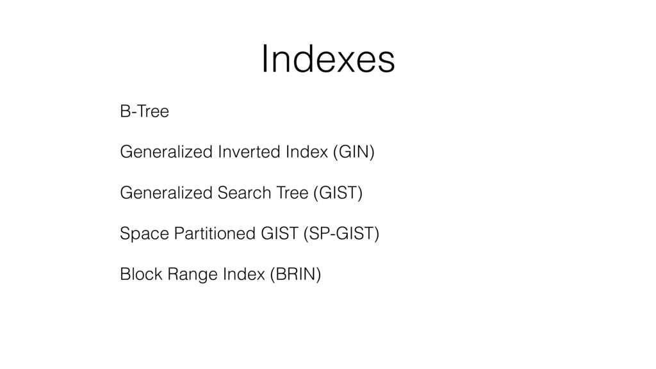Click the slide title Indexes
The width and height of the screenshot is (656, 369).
tap(328, 59)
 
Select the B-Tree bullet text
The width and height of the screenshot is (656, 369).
tap(144, 111)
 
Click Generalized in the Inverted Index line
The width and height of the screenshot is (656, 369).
tap(167, 151)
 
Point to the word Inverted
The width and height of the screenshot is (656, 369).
tap(249, 151)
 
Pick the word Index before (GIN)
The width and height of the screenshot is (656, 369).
tap(307, 151)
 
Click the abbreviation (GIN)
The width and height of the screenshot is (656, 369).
tap(354, 152)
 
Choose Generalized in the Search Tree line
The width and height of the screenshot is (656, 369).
tap(167, 192)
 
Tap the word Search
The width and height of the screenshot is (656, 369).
tap(244, 192)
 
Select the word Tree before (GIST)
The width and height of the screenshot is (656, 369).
tap(292, 192)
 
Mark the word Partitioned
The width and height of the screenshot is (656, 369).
tap(215, 233)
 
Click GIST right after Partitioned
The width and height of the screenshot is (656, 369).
tap(279, 233)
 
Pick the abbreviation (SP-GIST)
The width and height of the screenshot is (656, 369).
tap(341, 234)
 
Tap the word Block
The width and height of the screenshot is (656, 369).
tap(141, 274)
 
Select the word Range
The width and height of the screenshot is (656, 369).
tap(192, 275)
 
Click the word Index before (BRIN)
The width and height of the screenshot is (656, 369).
tap(244, 274)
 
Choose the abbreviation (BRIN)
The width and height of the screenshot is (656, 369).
tap(296, 274)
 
